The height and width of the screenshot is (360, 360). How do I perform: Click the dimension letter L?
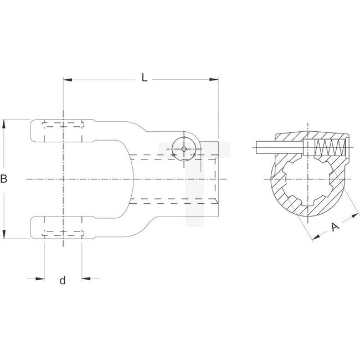(144, 78)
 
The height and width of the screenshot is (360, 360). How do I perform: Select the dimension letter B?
(4, 179)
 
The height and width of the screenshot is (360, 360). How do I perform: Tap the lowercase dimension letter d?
(63, 281)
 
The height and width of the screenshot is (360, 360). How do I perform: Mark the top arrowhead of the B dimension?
(5, 122)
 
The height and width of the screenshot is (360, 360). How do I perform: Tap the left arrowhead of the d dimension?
(40, 278)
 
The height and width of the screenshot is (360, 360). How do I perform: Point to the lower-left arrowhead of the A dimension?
(315, 239)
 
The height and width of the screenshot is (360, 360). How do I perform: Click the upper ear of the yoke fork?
(61, 130)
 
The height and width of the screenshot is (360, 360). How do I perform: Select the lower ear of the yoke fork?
(61, 228)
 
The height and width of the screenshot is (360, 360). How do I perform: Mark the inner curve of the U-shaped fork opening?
(131, 179)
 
